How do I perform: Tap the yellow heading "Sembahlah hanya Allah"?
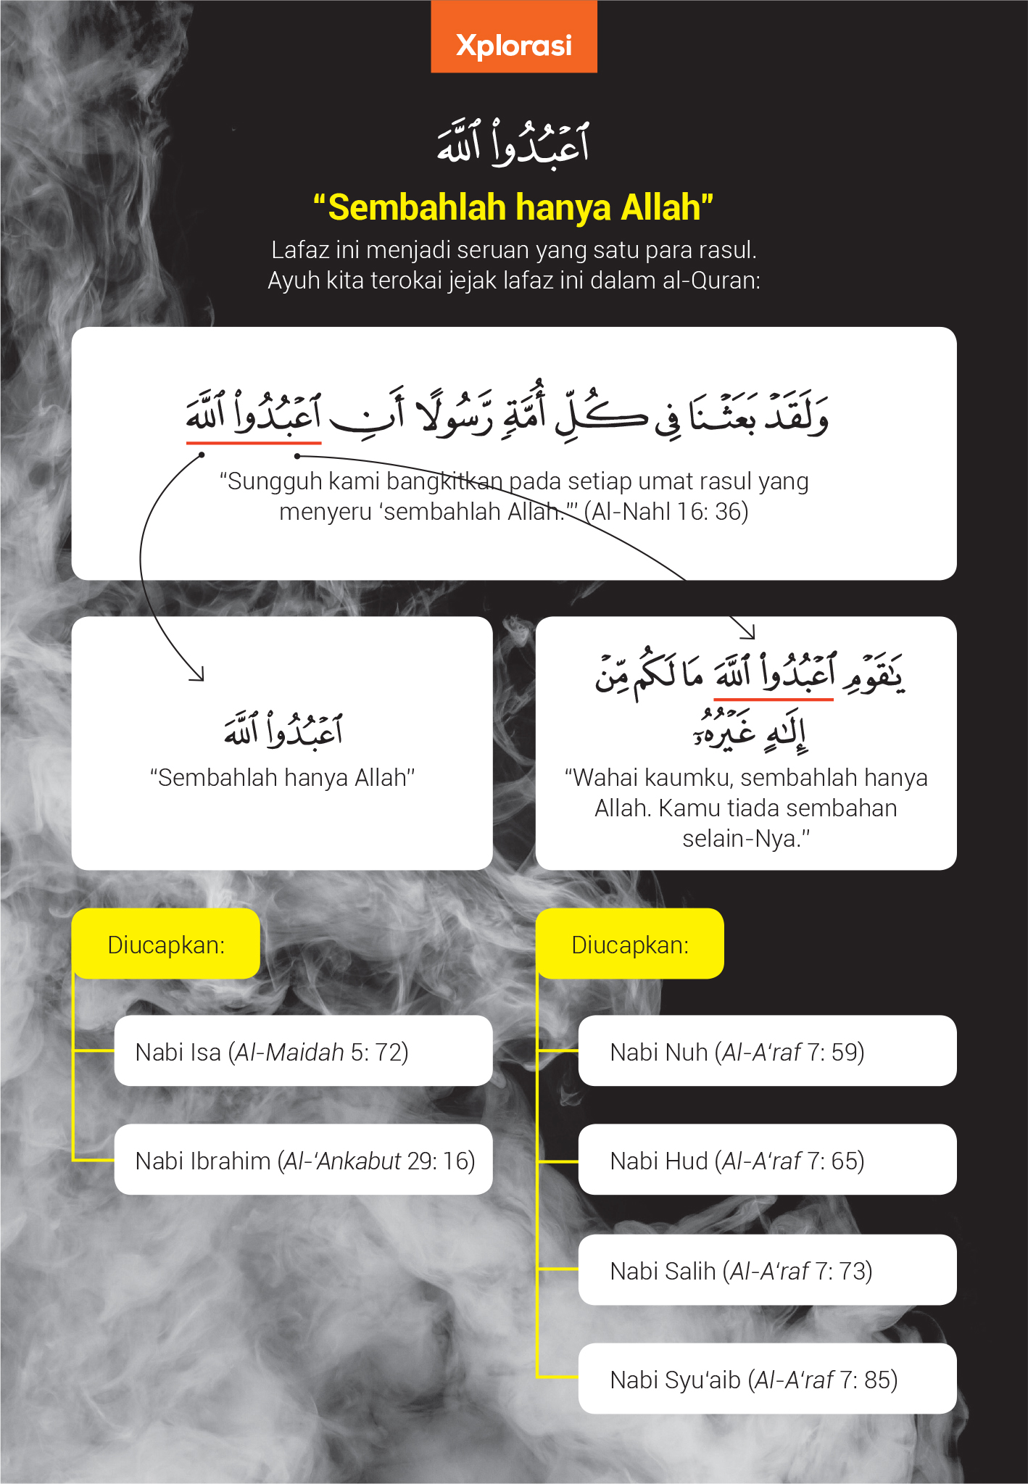click(x=513, y=207)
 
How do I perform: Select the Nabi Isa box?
click(x=303, y=1051)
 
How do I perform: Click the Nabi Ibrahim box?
click(x=303, y=1160)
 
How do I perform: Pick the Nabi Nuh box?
click(x=767, y=1051)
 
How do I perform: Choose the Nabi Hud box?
click(x=767, y=1160)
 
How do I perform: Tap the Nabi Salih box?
click(x=767, y=1270)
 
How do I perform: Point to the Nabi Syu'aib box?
click(x=767, y=1379)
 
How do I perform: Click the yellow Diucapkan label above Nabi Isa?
click(x=166, y=945)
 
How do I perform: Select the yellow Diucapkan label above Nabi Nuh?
click(x=630, y=945)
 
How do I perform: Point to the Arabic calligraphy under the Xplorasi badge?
click(x=513, y=143)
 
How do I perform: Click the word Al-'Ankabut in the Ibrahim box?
click(x=342, y=1161)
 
